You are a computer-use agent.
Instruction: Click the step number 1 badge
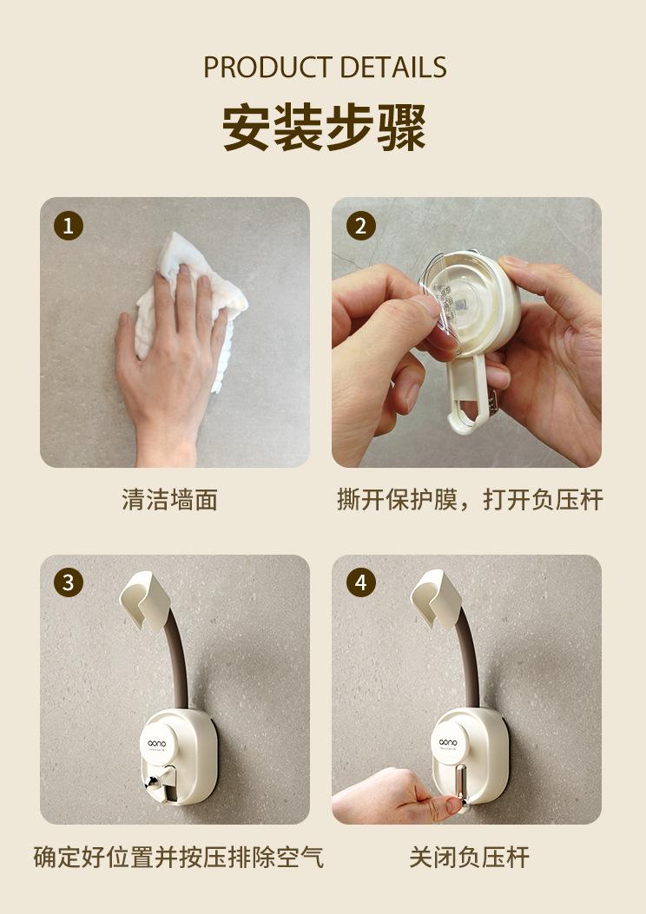pos(69,226)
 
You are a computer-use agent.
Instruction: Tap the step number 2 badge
pos(361,226)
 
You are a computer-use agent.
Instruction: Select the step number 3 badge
pos(69,582)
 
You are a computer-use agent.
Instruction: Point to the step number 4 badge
pos(361,582)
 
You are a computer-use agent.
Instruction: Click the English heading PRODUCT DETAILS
pos(325,67)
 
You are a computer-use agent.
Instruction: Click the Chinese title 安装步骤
pos(324,127)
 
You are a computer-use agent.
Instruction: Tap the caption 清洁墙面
pos(169,500)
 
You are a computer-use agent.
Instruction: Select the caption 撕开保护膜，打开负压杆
pos(470,500)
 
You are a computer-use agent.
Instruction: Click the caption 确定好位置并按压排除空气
pos(178,857)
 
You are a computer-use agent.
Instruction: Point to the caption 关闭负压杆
pos(470,857)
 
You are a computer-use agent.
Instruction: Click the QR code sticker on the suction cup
pos(456,303)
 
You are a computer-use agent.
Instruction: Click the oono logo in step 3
pos(157,743)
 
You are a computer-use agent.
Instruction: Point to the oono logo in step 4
pos(448,742)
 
